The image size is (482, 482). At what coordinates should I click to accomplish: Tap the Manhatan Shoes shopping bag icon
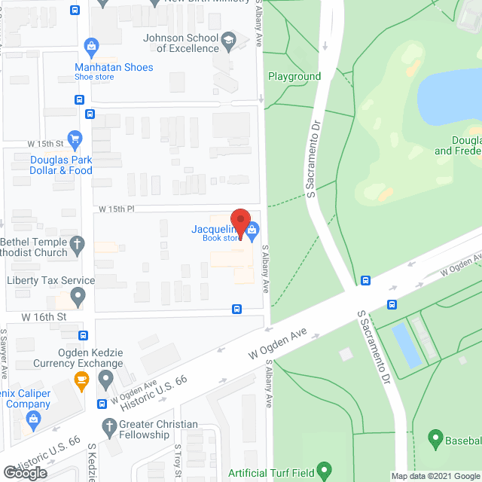tap(92, 47)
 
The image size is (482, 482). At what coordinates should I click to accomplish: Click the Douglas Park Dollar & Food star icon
tap(75, 139)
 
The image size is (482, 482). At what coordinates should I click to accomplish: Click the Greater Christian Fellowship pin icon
tap(105, 425)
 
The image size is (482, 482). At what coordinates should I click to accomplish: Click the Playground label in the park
tap(294, 77)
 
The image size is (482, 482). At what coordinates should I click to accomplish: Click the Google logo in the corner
tap(25, 472)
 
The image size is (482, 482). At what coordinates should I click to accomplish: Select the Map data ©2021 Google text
tap(434, 475)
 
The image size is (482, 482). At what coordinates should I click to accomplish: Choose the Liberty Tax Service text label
tap(50, 280)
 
